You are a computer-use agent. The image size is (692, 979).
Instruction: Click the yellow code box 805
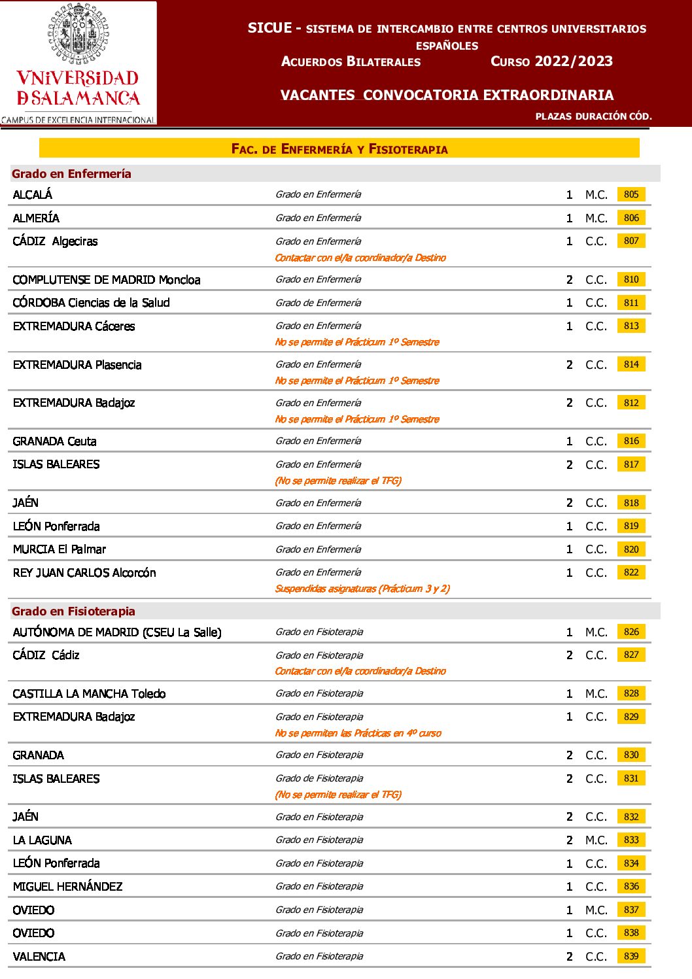pos(631,194)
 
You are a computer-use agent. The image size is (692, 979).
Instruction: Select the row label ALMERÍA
pos(36,218)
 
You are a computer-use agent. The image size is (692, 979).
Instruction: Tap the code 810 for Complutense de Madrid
pos(631,279)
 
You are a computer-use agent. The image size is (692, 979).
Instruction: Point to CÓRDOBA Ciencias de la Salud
pos(91,303)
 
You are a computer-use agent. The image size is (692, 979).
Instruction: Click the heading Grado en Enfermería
pos(71,174)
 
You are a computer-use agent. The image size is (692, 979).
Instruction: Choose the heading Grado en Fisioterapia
pos(73,611)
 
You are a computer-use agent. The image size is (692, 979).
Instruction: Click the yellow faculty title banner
pos(339,148)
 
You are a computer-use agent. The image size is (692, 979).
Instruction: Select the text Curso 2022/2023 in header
pos(551,61)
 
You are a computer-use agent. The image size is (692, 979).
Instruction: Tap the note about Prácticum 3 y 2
pos(362,589)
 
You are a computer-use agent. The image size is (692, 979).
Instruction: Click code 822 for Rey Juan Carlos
pos(631,572)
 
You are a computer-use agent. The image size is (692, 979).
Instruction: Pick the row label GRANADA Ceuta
pos(54,441)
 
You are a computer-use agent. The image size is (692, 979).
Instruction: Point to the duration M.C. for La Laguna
pos(596,840)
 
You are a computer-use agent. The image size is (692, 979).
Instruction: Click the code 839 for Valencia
pos(631,956)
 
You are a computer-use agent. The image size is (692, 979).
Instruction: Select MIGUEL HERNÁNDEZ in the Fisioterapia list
pos(67,887)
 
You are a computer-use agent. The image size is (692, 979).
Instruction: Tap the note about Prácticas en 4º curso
pos(358,733)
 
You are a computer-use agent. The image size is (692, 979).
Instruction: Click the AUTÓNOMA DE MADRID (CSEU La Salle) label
pos(117,632)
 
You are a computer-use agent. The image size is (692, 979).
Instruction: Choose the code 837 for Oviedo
pos(631,910)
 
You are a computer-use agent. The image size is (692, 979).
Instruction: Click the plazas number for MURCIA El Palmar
pos(569,549)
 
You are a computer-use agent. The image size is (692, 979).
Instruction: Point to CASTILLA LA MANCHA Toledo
pos(89,694)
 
